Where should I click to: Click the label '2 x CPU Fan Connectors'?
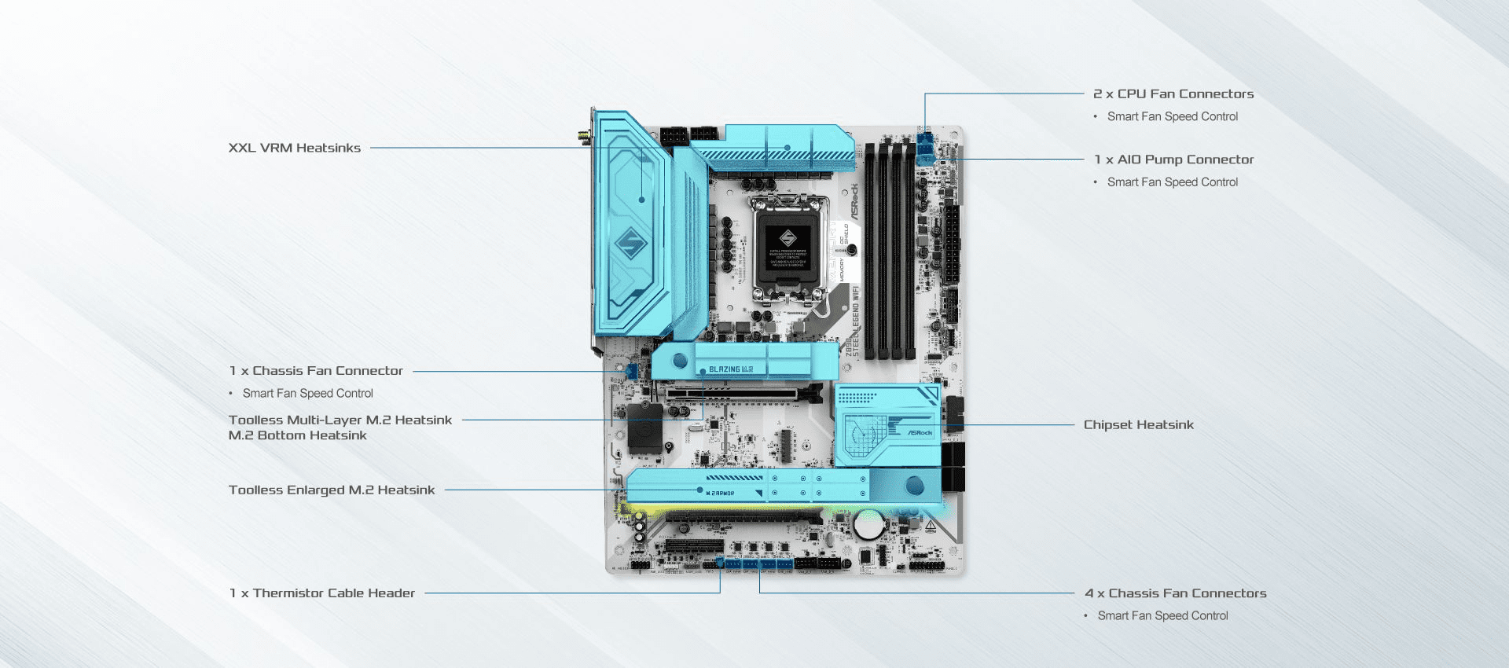1173,94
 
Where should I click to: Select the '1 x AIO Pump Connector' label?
1173,160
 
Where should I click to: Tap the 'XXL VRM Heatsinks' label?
294,148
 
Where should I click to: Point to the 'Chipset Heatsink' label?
1138,425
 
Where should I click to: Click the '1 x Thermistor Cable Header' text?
321,593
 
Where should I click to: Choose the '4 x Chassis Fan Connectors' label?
1175,593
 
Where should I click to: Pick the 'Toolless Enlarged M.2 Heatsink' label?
331,490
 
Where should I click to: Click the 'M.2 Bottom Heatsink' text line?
297,435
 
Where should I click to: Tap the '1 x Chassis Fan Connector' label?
316,371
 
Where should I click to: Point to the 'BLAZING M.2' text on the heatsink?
731,369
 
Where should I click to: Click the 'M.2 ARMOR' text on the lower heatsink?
720,493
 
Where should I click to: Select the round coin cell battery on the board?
868,524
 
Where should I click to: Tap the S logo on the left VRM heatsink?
630,243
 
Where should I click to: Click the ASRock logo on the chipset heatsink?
920,433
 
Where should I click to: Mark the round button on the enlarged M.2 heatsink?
914,485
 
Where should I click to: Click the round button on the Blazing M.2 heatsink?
680,362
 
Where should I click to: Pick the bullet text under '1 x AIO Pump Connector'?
1172,182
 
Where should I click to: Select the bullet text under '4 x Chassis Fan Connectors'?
1162,616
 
